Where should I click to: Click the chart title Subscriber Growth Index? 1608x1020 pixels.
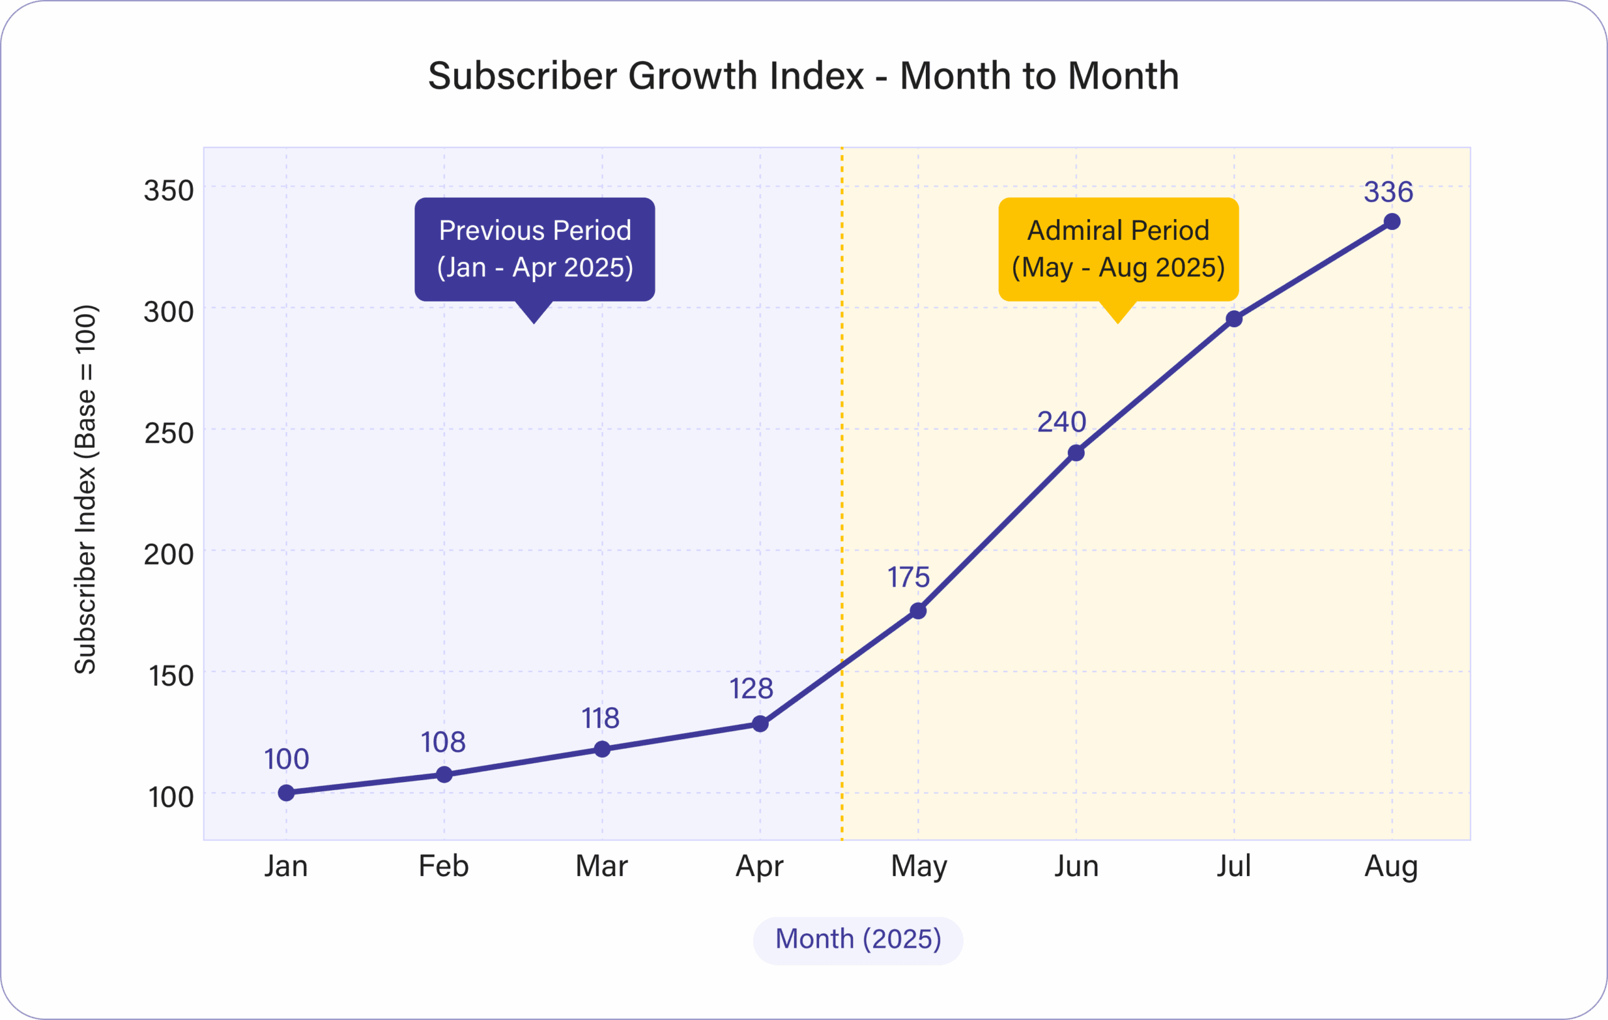point(803,75)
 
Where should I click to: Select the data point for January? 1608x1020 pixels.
point(286,793)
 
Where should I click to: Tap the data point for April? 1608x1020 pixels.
point(760,724)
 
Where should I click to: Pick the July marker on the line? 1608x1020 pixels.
point(1234,319)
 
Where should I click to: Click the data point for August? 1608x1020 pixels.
point(1393,222)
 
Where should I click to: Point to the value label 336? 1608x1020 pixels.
point(1388,192)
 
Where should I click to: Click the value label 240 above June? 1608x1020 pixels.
point(1062,422)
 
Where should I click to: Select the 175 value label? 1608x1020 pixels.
point(908,577)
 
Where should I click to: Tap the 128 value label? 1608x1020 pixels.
point(751,689)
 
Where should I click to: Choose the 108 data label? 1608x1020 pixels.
point(443,742)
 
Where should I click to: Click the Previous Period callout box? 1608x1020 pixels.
point(534,249)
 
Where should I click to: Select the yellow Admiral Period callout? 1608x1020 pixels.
point(1119,249)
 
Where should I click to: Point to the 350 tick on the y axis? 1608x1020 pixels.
point(168,191)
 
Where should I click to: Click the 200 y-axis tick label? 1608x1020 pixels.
point(168,555)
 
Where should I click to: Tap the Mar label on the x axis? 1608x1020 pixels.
point(602,867)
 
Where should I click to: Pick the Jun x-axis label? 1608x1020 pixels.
point(1077,867)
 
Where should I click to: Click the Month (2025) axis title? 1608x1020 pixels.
point(858,939)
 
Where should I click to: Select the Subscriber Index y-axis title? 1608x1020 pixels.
point(85,489)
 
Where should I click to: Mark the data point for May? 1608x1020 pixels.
point(918,610)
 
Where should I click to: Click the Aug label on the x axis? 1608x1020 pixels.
point(1391,867)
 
